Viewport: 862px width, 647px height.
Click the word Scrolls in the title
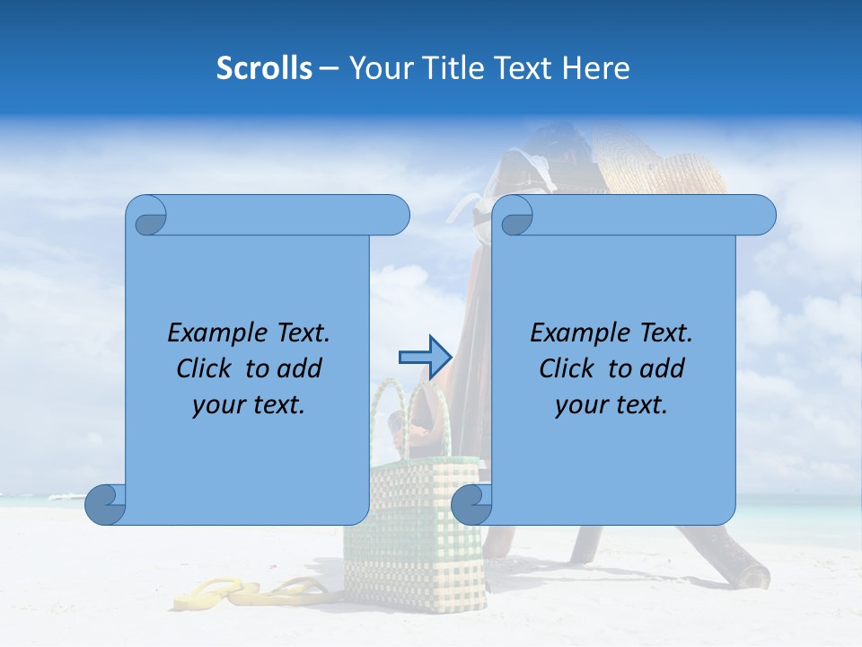tap(264, 68)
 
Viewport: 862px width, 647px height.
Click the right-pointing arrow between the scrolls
tap(424, 358)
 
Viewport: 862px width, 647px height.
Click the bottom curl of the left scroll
tap(106, 503)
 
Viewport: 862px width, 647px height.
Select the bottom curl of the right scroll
tap(471, 503)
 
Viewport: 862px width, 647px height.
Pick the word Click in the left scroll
tap(196, 368)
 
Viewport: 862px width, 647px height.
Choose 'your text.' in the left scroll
tap(249, 404)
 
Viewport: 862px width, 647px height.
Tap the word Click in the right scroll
tap(559, 368)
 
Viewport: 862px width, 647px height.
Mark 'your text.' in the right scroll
tap(611, 404)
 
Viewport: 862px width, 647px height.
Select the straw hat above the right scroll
tap(664, 166)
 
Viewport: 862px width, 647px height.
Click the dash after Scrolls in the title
tap(329, 68)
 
